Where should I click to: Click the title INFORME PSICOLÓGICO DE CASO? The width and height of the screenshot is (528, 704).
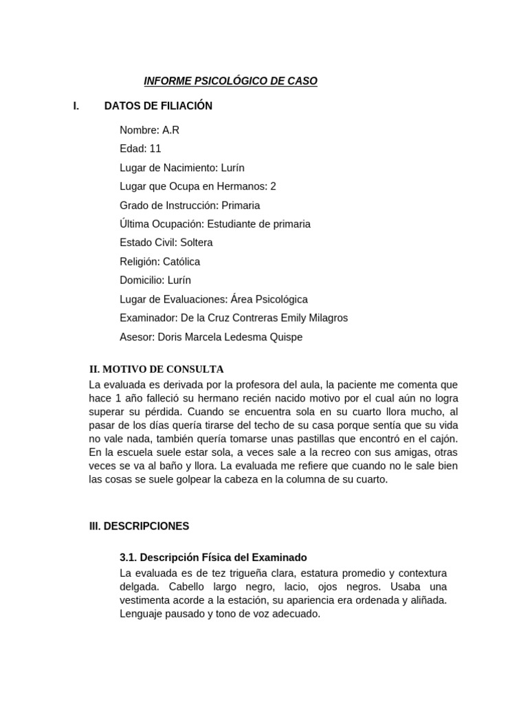click(230, 81)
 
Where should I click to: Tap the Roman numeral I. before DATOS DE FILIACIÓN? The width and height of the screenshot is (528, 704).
click(76, 106)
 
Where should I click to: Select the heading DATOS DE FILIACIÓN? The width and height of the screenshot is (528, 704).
click(158, 106)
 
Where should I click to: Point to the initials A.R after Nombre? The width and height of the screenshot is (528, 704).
click(171, 130)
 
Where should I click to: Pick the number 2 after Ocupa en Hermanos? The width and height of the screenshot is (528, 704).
click(273, 186)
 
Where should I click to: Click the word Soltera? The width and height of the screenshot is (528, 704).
click(196, 243)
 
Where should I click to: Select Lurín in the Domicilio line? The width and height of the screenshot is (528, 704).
click(179, 280)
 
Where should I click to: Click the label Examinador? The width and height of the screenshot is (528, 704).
click(148, 318)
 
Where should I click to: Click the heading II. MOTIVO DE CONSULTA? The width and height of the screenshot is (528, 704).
click(157, 369)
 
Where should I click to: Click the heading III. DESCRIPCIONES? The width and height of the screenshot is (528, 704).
click(139, 526)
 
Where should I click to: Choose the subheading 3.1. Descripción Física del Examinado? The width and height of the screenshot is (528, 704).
click(213, 558)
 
